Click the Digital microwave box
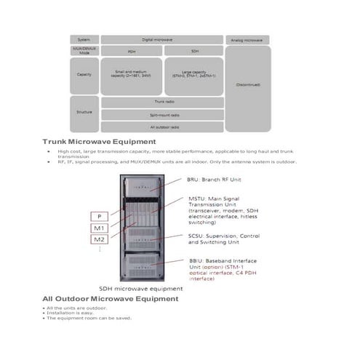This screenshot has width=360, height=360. pos(161,39)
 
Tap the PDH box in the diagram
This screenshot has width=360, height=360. pos(131,52)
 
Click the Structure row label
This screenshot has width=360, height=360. pos(84,113)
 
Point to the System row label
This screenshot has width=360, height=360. pos(84,39)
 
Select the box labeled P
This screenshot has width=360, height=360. pos(99,216)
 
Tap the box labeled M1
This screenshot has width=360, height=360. pos(99,228)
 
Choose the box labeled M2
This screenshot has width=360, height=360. pos(99,240)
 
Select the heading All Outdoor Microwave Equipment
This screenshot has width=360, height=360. pos(109,299)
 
